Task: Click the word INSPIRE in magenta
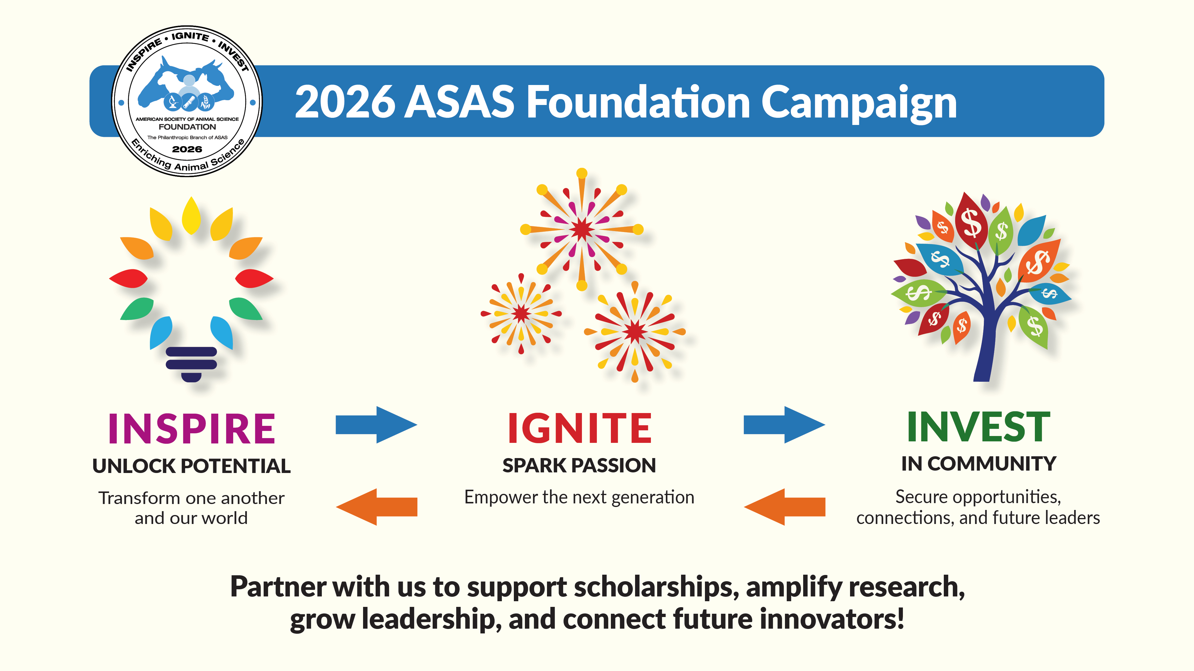191,428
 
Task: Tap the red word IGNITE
580,428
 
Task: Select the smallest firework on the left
521,313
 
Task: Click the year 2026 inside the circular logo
187,149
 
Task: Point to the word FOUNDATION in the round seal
187,127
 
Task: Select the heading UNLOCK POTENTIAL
191,466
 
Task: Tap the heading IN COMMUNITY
978,463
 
